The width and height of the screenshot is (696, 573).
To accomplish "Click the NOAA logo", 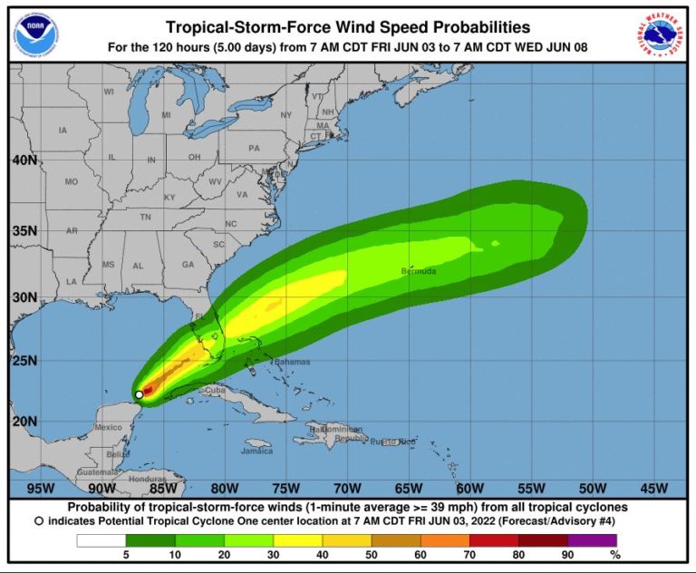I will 32,34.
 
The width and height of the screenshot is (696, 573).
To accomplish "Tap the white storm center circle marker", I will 139,394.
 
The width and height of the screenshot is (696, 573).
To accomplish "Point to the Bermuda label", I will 418,271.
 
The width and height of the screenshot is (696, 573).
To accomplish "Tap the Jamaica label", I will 256,451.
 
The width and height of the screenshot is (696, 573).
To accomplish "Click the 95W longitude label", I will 40,489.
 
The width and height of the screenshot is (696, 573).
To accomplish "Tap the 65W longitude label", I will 408,489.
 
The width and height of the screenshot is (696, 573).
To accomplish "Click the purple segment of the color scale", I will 592,540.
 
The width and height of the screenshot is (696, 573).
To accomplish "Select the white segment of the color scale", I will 101,540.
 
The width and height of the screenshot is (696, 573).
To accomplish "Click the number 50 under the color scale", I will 372,554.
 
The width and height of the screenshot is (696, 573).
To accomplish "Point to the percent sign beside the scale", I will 615,554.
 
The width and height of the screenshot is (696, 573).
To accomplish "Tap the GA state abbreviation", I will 188,265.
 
